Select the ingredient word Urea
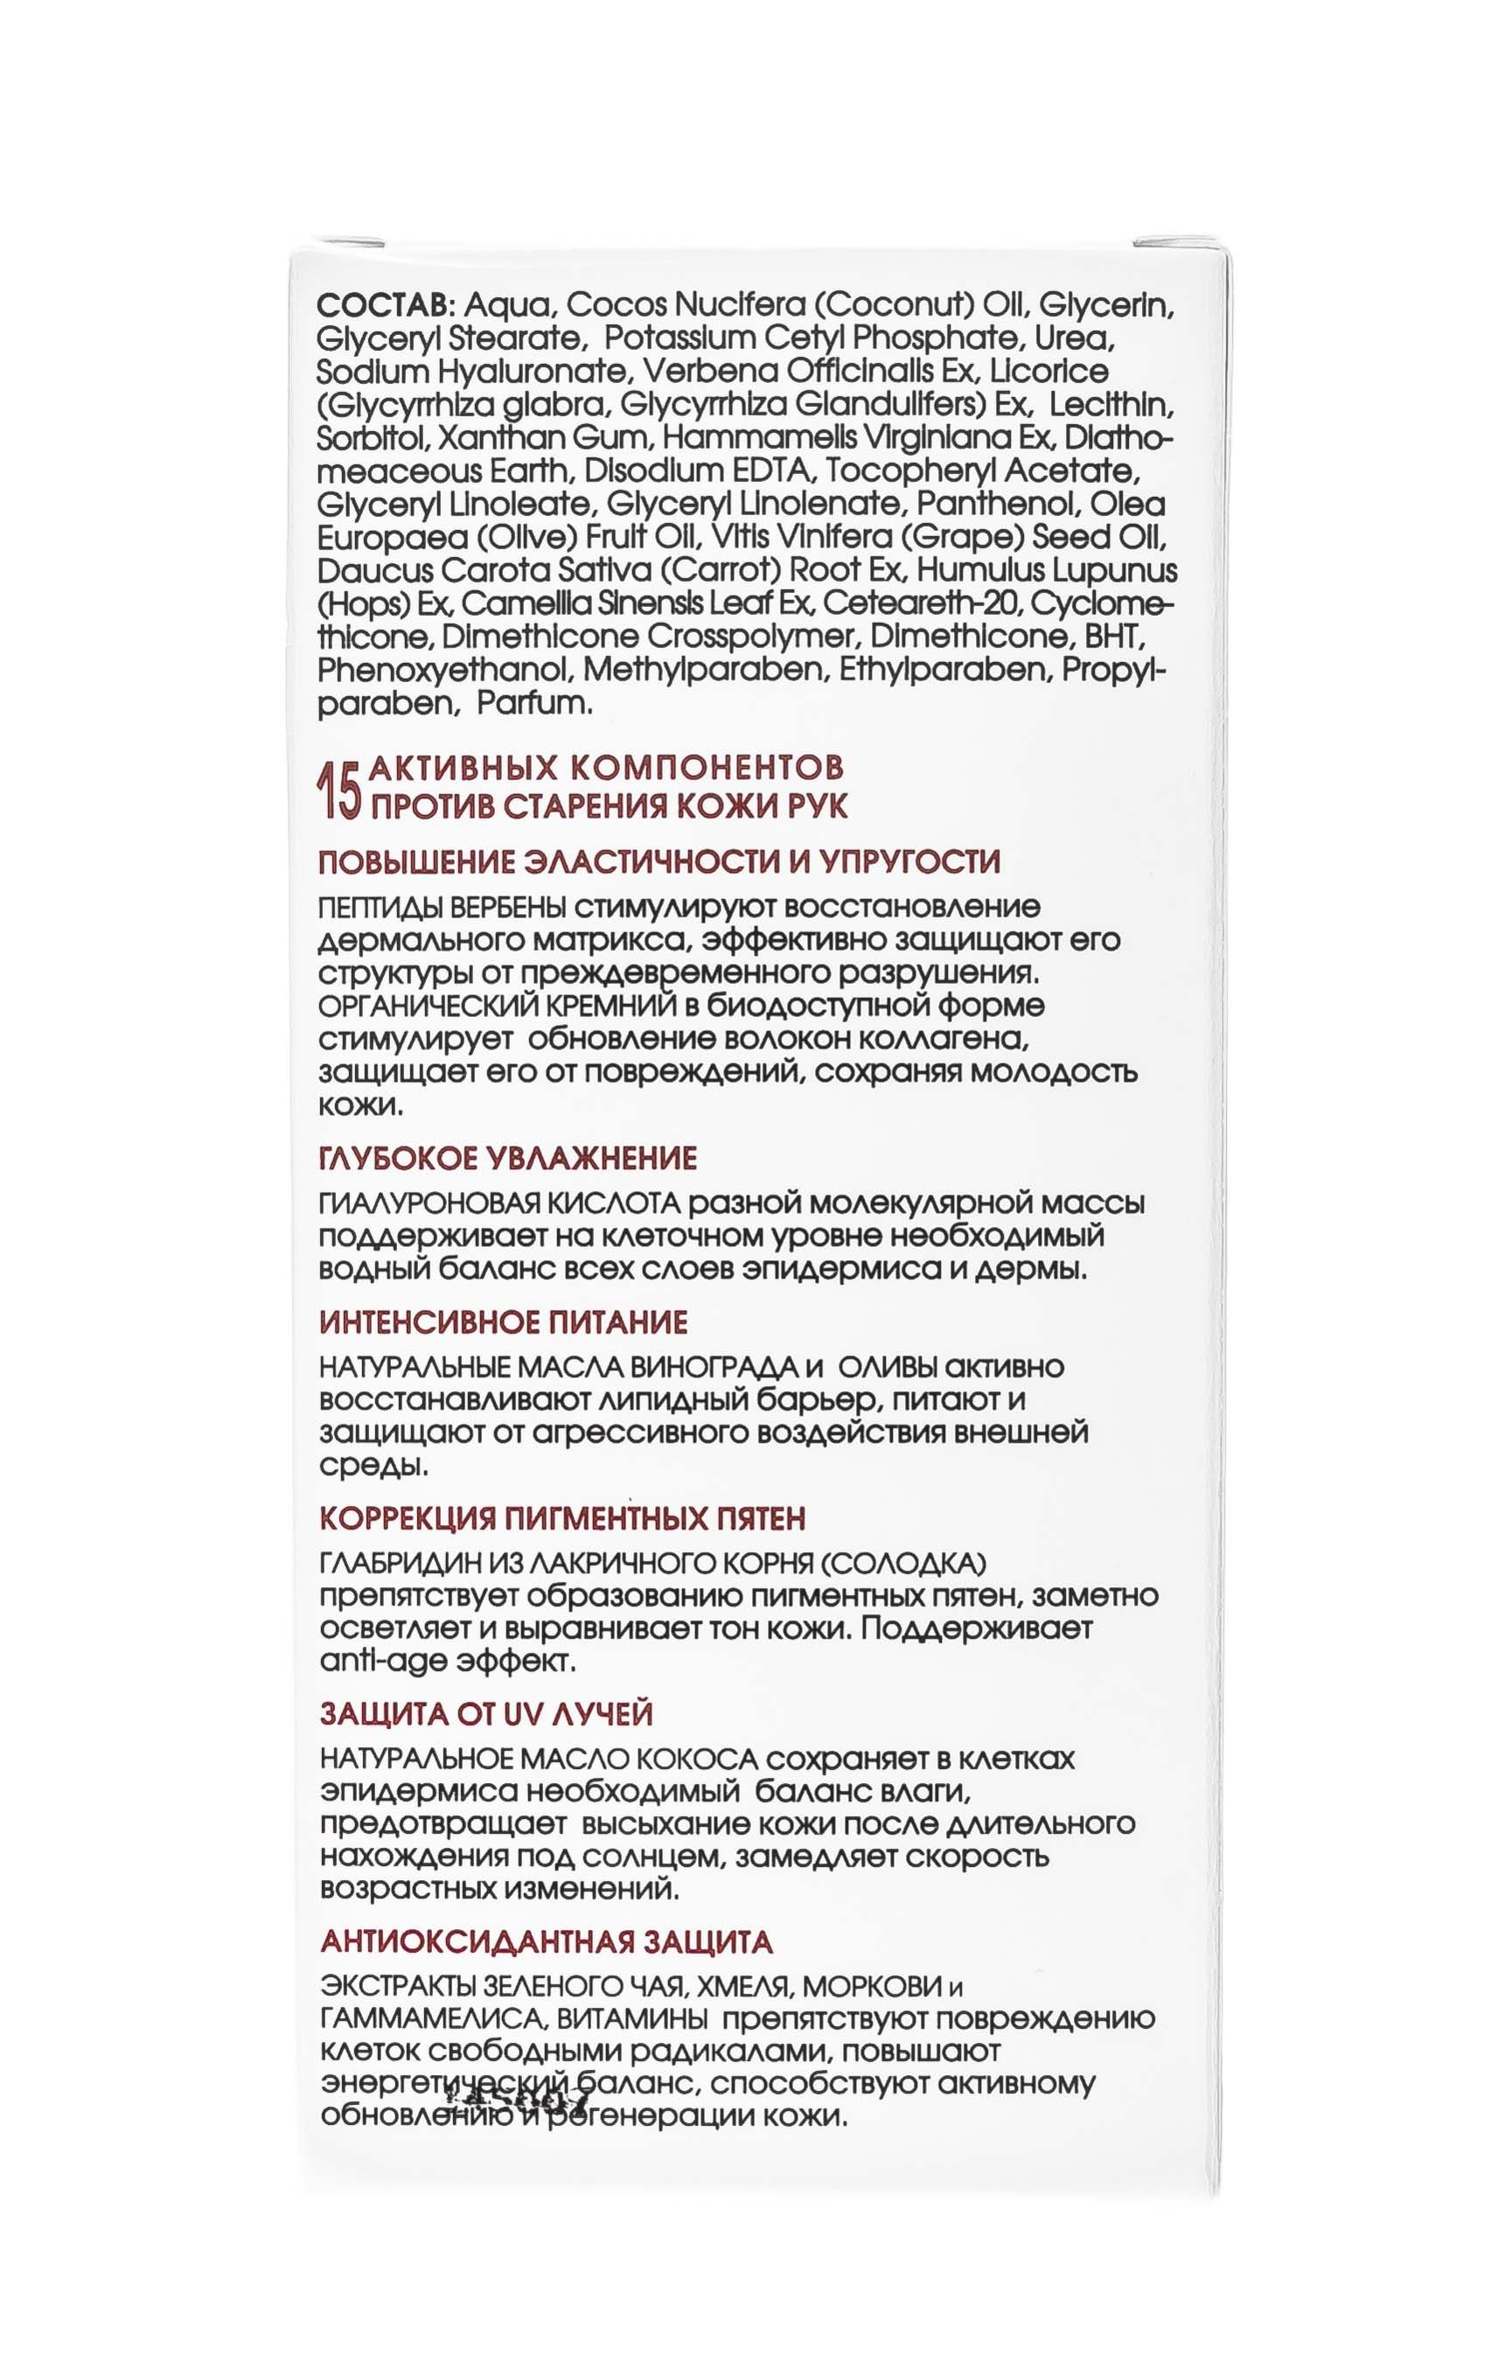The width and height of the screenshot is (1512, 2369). coord(1079,338)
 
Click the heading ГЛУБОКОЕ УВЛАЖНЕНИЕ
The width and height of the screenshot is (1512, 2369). coord(509,1158)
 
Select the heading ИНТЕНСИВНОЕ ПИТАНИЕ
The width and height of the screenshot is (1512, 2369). coord(504,1322)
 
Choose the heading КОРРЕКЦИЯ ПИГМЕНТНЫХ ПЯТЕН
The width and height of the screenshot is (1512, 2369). coord(562,1519)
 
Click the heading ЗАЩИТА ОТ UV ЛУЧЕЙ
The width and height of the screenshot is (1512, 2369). coord(487,1715)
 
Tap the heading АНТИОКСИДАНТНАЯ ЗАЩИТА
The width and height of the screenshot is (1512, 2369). coord(547,1942)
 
